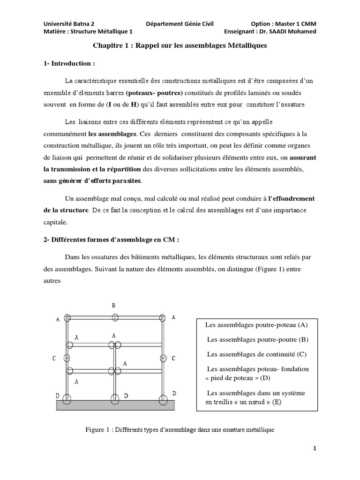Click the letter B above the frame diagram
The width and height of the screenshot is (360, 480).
click(113, 305)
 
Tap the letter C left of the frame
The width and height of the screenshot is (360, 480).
click(55, 359)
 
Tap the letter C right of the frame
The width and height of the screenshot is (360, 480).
click(173, 359)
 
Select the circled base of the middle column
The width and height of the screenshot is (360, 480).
click(114, 399)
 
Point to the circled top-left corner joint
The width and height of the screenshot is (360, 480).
click(67, 318)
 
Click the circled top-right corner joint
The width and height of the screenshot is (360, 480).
click(163, 318)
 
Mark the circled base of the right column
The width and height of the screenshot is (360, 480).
click(163, 399)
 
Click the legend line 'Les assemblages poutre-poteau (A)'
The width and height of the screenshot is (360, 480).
click(256, 325)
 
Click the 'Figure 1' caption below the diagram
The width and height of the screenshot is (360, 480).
click(180, 429)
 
